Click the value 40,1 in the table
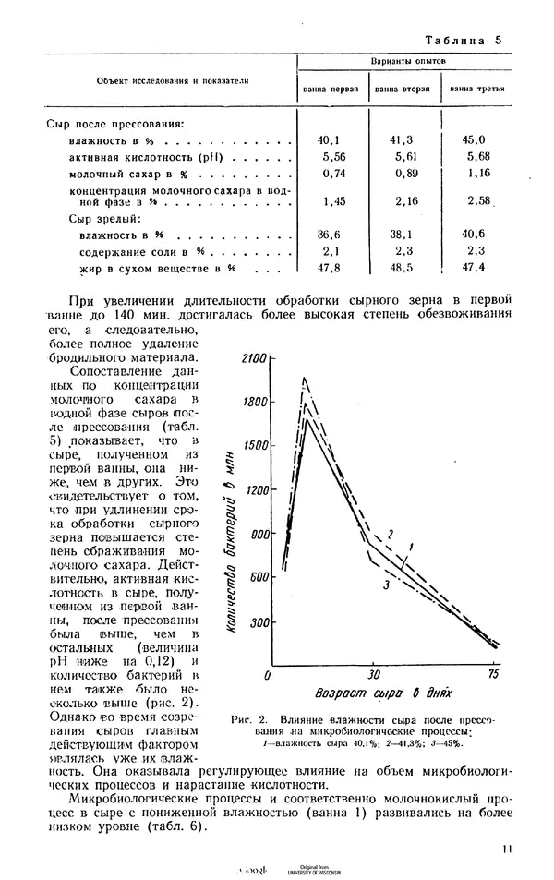point(329,139)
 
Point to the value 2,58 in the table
point(478,200)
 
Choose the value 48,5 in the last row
point(403,268)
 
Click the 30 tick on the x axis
point(373,676)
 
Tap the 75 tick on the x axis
point(493,676)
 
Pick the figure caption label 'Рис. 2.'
point(255,720)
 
